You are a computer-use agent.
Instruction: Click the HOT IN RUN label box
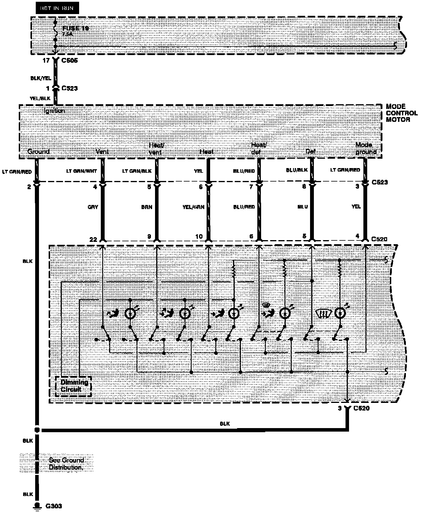[x=57, y=8]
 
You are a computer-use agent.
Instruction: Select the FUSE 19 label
[x=75, y=28]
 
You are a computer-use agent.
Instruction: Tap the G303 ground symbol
[x=37, y=506]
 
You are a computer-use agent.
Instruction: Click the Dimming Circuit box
[x=74, y=386]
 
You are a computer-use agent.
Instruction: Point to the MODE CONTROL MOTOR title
[x=401, y=113]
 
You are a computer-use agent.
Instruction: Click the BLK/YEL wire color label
[x=41, y=78]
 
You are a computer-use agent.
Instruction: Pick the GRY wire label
[x=93, y=207]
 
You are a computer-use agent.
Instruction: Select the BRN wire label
[x=147, y=207]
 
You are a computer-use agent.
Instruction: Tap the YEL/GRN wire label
[x=193, y=207]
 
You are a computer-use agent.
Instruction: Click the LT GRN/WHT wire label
[x=81, y=171]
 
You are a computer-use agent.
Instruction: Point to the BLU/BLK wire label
[x=297, y=170]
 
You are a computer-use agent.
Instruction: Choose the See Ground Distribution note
[x=66, y=464]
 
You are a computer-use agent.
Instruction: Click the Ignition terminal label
[x=55, y=111]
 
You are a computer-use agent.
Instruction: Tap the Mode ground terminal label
[x=365, y=148]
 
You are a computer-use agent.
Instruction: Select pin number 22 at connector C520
[x=93, y=240]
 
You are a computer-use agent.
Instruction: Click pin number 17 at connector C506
[x=46, y=61]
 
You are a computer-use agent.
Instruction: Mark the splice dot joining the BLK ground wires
[x=37, y=430]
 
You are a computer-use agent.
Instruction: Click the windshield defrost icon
[x=324, y=314]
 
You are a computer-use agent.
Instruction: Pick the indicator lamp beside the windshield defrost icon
[x=340, y=313]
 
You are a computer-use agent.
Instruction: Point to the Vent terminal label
[x=102, y=152]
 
